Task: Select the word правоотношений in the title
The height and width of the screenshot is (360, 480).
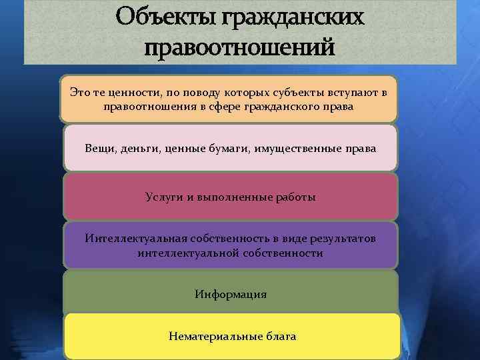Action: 241,48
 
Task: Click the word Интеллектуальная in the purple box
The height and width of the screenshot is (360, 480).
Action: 131,239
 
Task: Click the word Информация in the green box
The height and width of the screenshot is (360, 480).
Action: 231,294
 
